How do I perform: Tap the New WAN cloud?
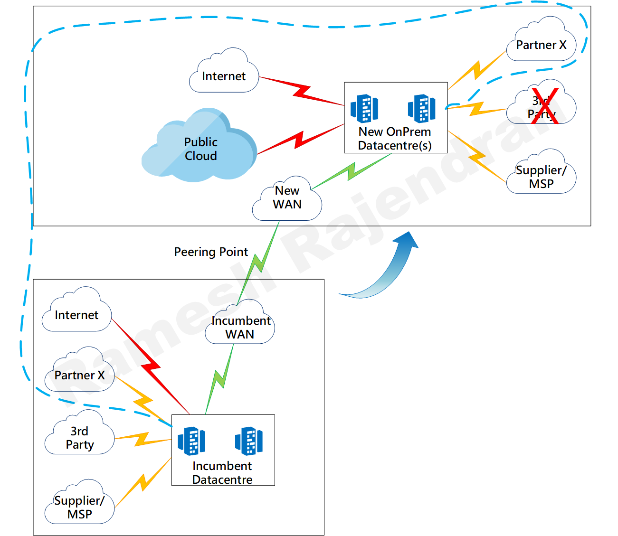pos(287,199)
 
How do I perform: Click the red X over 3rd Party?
pos(544,105)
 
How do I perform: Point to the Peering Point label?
pos(211,252)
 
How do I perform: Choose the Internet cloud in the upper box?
pos(224,74)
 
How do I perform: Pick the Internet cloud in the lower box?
pos(76,313)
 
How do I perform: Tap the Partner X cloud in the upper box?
pos(541,43)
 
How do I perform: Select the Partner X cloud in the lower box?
pos(79,373)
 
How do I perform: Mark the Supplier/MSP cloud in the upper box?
pos(541,175)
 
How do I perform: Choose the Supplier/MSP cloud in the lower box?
pos(79,506)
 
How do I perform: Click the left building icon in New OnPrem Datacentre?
pos(364,108)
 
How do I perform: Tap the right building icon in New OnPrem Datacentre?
pos(421,108)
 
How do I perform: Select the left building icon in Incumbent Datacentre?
pos(191,441)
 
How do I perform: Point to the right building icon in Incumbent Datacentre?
pos(248,441)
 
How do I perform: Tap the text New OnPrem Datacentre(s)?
pos(395,139)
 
